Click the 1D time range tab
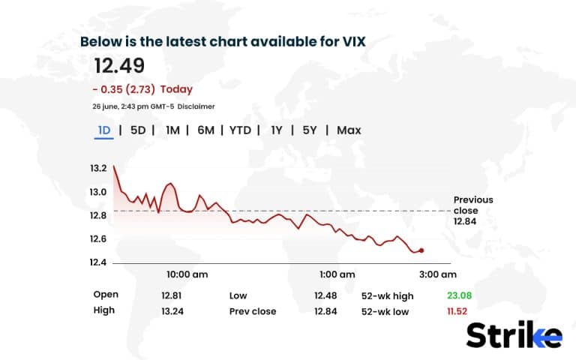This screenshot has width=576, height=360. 104,130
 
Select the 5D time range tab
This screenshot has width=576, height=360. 138,130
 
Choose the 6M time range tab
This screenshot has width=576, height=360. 205,130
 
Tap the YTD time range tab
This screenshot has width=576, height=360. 240,130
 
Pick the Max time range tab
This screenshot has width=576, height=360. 349,130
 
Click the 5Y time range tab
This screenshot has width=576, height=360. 310,130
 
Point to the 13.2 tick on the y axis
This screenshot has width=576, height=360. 98,169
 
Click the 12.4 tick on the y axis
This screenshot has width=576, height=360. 98,262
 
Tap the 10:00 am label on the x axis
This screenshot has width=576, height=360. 187,274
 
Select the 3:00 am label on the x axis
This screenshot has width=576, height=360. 438,274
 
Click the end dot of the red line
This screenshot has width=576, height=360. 421,250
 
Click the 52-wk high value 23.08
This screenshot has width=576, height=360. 459,295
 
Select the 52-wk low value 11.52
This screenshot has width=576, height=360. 459,311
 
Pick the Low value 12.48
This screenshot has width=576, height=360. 326,295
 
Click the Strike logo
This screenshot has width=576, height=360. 514,334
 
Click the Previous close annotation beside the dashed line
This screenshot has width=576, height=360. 473,211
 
